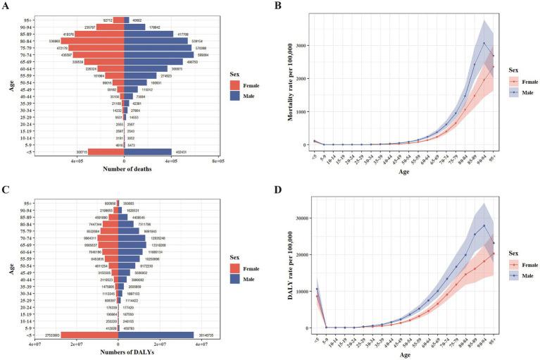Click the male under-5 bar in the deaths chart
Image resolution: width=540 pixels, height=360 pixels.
coord(148,151)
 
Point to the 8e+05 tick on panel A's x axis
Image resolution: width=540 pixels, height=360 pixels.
coord(219,161)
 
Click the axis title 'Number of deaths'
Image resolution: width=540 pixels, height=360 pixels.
coord(124,169)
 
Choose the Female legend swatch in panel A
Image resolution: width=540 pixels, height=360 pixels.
coord(237,85)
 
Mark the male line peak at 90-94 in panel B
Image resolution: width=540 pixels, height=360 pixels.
coord(484,43)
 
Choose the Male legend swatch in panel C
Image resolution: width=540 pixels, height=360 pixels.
coord(237,280)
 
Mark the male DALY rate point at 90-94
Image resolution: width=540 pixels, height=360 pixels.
coord(484,225)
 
